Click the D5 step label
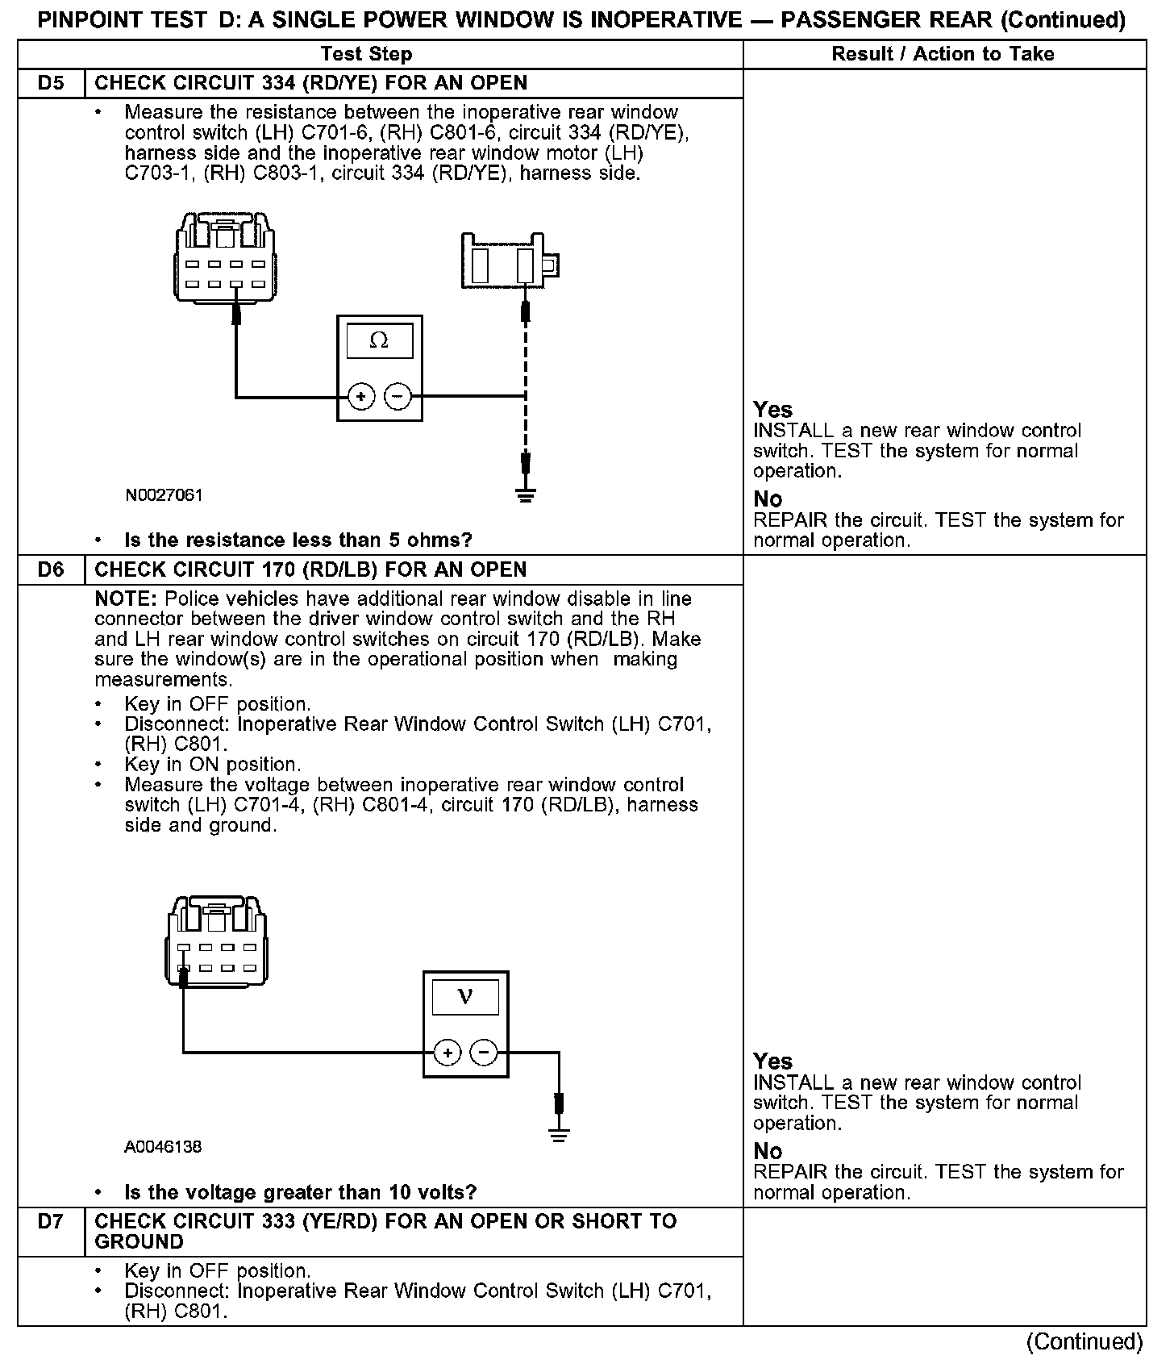tap(51, 83)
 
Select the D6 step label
tap(51, 569)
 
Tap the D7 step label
tap(51, 1221)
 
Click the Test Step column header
tap(366, 54)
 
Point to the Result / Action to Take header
tap(943, 54)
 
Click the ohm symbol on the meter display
tap(379, 340)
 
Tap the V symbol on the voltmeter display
tap(465, 997)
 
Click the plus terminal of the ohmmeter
tap(361, 396)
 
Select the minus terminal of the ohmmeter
tap(397, 396)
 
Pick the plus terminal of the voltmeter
tap(448, 1052)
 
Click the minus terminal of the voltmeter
tap(483, 1052)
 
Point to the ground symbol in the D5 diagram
tap(526, 494)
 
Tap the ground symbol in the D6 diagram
tap(558, 1135)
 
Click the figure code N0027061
tap(164, 495)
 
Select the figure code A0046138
tap(163, 1146)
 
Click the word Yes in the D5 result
tap(772, 410)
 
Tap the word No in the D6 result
tap(768, 1151)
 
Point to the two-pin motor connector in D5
tap(510, 261)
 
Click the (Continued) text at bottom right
tap(1084, 1341)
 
